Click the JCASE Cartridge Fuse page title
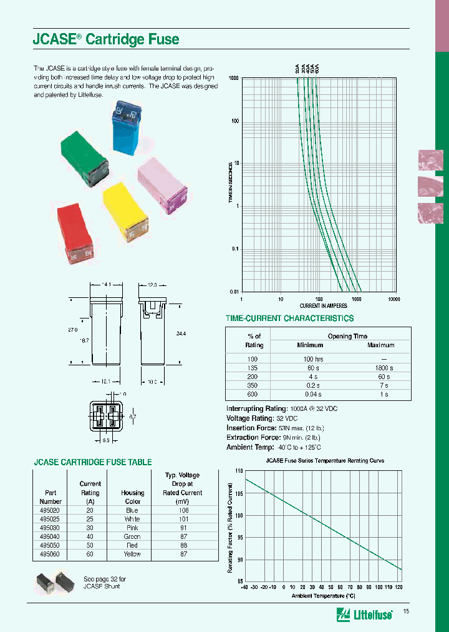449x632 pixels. click(x=105, y=39)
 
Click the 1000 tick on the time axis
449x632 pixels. click(x=234, y=78)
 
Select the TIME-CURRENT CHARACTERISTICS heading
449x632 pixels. click(x=289, y=318)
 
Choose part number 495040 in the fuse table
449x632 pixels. click(x=51, y=536)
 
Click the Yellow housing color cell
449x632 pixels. click(x=132, y=554)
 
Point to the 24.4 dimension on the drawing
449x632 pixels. click(x=181, y=334)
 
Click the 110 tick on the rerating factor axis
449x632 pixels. click(x=239, y=470)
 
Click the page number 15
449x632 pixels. click(x=407, y=611)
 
